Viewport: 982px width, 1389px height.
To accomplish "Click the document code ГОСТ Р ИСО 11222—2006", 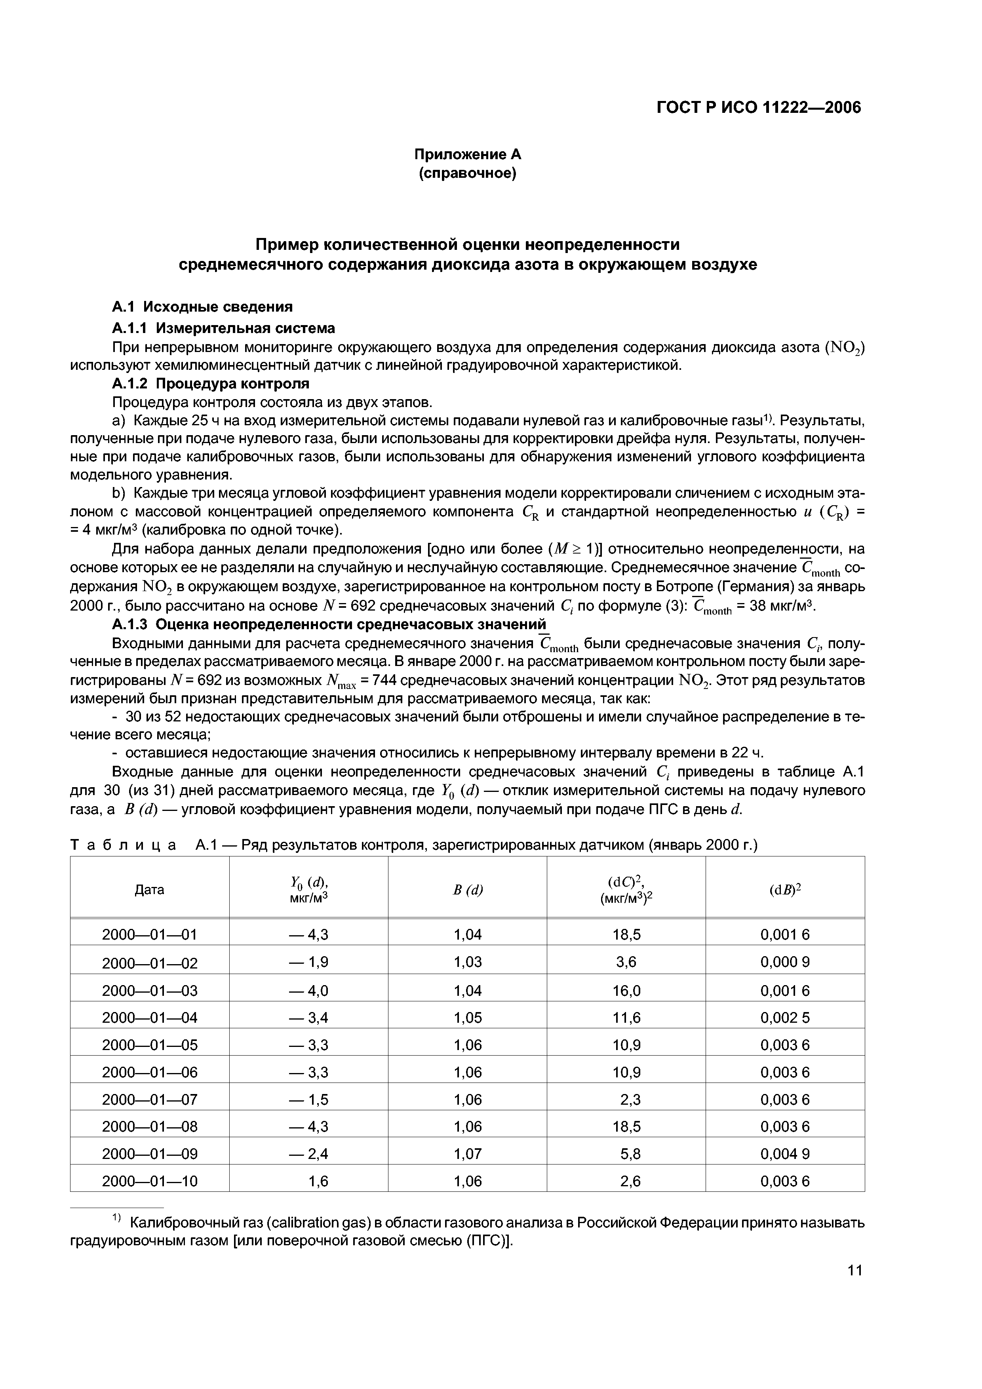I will coord(758,108).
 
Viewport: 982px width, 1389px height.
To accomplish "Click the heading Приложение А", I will coord(467,154).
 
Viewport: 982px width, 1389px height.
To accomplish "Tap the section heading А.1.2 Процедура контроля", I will coord(211,384).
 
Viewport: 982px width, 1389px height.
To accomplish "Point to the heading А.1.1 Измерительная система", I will coord(223,328).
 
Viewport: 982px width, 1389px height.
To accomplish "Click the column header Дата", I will coord(149,889).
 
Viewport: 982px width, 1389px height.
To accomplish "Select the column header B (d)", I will coord(468,889).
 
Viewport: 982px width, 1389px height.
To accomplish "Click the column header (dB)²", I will coord(785,889).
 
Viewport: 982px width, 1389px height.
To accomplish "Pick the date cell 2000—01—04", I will coord(149,1018).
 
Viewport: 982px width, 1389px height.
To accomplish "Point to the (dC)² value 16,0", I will coord(626,990).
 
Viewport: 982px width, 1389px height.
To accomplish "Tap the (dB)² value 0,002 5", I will coord(785,1018).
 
